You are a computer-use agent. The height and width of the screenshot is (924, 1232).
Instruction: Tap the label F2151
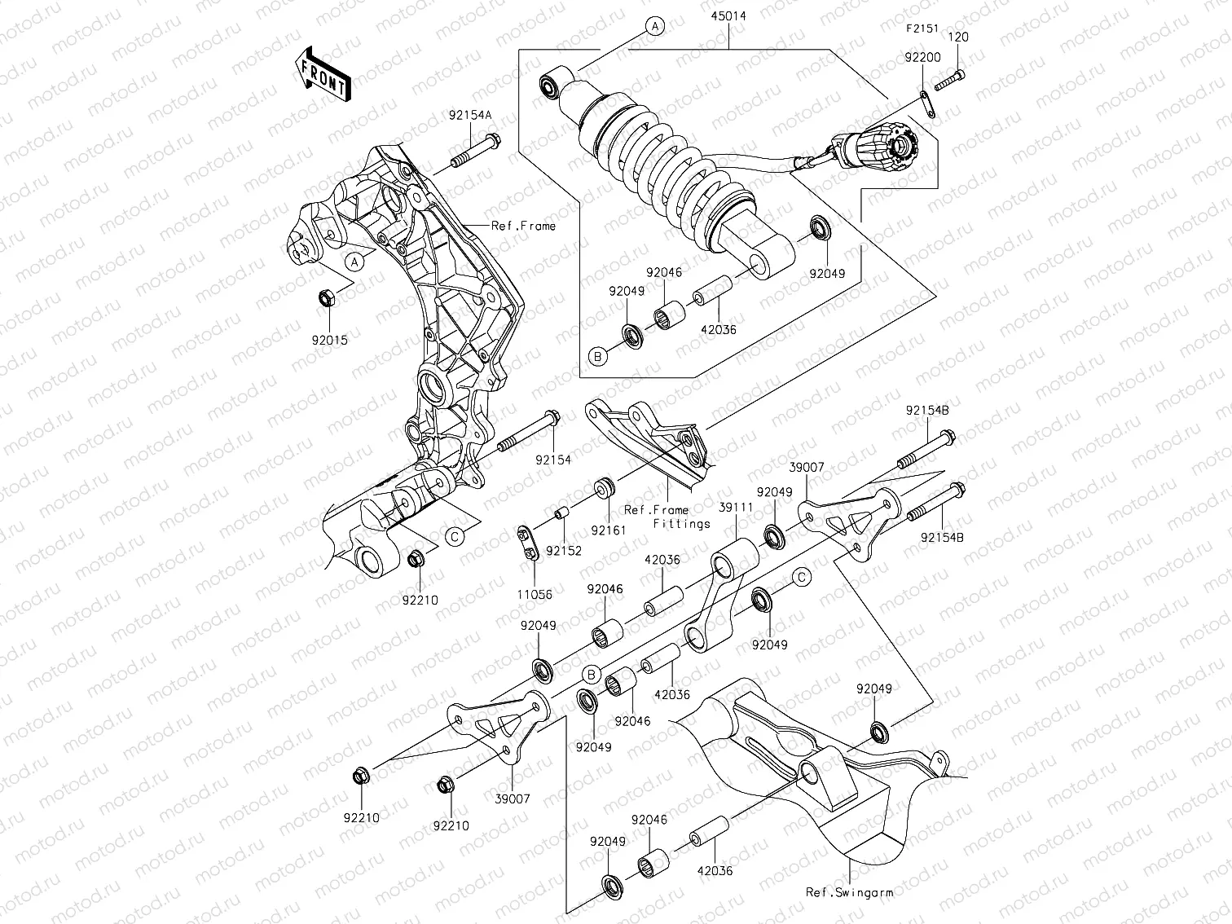pyautogui.click(x=922, y=29)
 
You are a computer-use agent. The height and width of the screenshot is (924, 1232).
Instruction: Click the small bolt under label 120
pyautogui.click(x=951, y=81)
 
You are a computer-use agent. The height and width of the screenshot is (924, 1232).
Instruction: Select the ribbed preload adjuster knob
pyautogui.click(x=884, y=147)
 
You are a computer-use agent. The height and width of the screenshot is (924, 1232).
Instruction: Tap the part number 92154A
pyautogui.click(x=470, y=115)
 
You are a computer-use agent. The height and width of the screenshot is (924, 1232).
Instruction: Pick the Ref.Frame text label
pyautogui.click(x=522, y=226)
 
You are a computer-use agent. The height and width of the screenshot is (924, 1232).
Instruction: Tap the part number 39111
pyautogui.click(x=734, y=507)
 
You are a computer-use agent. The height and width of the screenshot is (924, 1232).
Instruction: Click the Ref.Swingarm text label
pyautogui.click(x=849, y=892)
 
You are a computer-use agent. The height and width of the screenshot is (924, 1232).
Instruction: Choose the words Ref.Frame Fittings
pyautogui.click(x=667, y=517)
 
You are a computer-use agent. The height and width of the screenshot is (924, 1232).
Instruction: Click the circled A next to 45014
pyautogui.click(x=655, y=27)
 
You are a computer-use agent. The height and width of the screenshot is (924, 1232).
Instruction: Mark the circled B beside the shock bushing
pyautogui.click(x=596, y=356)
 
